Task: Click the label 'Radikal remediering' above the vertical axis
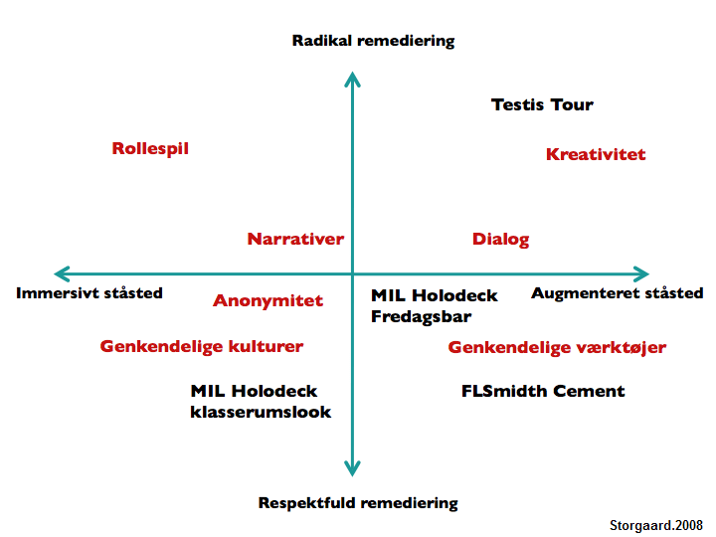pyautogui.click(x=373, y=41)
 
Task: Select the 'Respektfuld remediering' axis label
pyautogui.click(x=358, y=502)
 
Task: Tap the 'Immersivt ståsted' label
pyautogui.click(x=89, y=293)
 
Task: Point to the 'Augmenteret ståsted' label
pyautogui.click(x=617, y=293)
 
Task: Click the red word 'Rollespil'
pyautogui.click(x=150, y=149)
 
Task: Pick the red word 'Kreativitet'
pyautogui.click(x=596, y=154)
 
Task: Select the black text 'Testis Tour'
pyautogui.click(x=542, y=104)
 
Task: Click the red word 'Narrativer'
pyautogui.click(x=295, y=239)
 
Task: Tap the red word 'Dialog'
pyautogui.click(x=500, y=239)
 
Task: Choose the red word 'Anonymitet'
pyautogui.click(x=268, y=301)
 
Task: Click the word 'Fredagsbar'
pyautogui.click(x=421, y=317)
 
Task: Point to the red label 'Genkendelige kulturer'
pyautogui.click(x=202, y=347)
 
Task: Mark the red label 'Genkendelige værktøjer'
pyautogui.click(x=557, y=348)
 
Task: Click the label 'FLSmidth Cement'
pyautogui.click(x=543, y=391)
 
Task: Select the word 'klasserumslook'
pyautogui.click(x=261, y=412)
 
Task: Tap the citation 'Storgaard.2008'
pyautogui.click(x=656, y=525)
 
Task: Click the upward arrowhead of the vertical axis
pyautogui.click(x=352, y=79)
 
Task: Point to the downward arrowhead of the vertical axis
pyautogui.click(x=352, y=467)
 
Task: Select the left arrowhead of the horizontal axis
pyautogui.click(x=62, y=273)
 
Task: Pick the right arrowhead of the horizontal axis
pyautogui.click(x=641, y=273)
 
